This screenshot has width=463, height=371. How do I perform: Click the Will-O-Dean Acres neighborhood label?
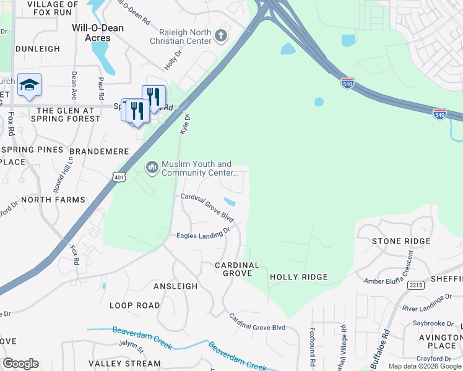pos(98,33)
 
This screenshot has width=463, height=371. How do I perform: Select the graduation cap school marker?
pos(29,85)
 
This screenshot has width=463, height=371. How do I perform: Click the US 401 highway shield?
pos(119,177)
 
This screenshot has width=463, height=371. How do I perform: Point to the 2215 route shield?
pos(415,285)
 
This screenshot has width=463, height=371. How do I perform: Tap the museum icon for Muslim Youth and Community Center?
pos(152,168)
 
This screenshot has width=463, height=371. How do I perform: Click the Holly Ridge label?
pos(298,278)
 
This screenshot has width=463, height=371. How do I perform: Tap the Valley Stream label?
pos(124,364)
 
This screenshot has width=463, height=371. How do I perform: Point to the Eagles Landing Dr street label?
pos(203,232)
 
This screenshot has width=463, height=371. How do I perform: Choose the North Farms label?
pos(53,200)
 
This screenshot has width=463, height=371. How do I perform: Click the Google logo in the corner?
pos(20,364)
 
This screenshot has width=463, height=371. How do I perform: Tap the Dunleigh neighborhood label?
pos(38,49)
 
